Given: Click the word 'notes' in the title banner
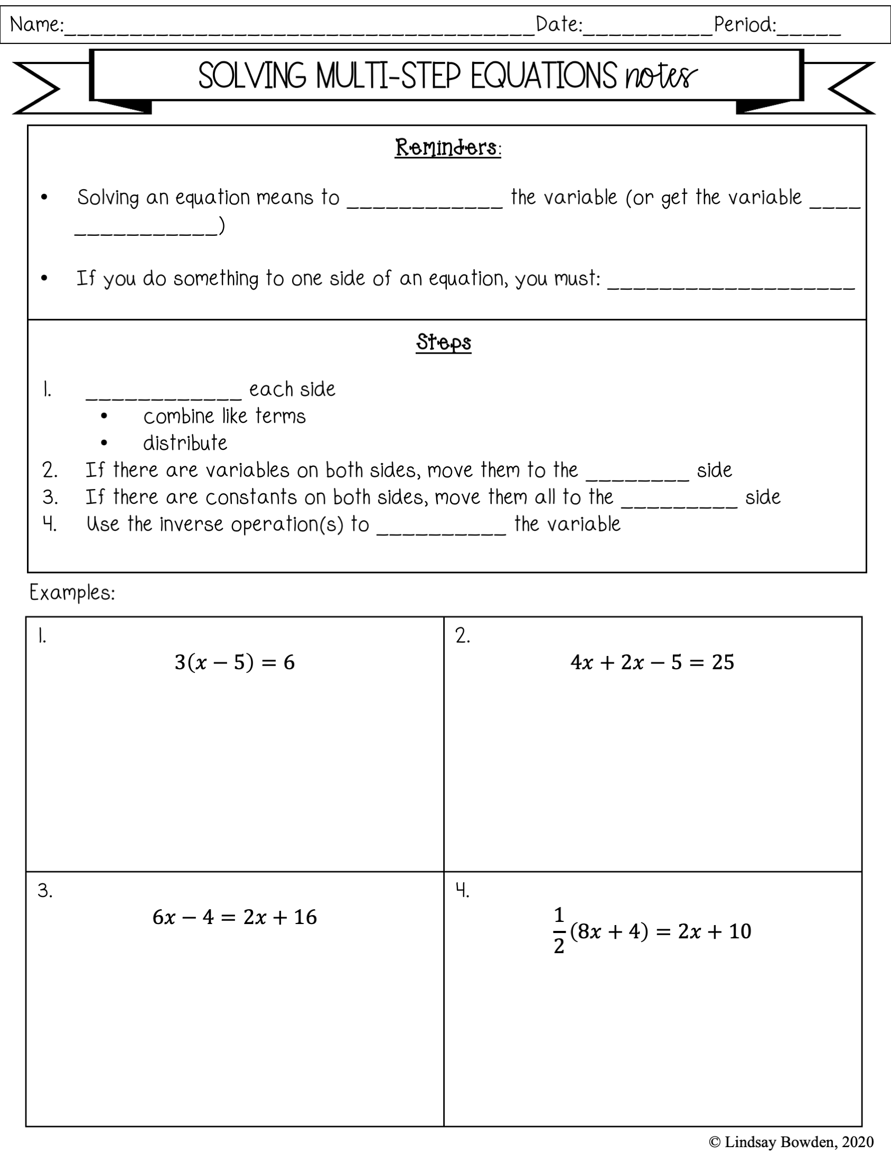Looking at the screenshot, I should pos(661,76).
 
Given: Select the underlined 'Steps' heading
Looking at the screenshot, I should pos(444,343).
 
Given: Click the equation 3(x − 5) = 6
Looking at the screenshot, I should pos(235,662).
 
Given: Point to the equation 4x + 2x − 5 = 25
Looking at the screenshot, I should pos(652,662).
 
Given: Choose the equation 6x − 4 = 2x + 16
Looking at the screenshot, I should pos(235,917).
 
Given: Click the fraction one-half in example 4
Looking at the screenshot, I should pos(559,931).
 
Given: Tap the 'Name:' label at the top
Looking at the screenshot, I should pos(36,25).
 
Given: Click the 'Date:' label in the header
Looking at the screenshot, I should pos(559,24).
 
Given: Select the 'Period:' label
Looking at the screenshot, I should pos(745,24).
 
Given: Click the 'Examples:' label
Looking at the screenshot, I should pos(72,593).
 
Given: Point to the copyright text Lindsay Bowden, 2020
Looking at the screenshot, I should pos(791,1142).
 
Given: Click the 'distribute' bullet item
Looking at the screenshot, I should pos(185,443).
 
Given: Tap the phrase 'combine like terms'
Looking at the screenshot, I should pos(224,417).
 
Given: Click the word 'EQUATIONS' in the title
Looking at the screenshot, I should pos(543,76).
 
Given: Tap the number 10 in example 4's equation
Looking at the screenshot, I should pos(739,931).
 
